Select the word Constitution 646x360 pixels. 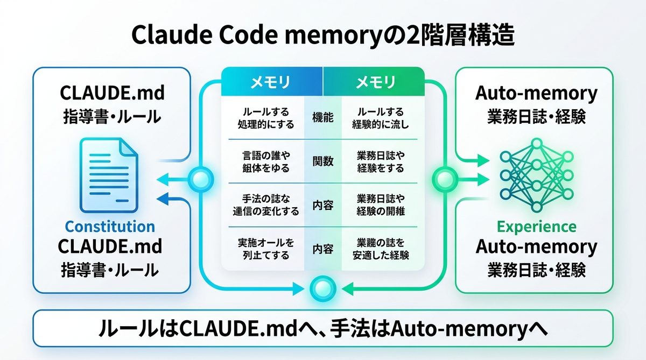coord(110,227)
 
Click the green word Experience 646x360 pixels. coord(536,226)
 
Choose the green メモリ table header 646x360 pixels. coord(375,82)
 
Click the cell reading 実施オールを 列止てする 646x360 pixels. coord(263,249)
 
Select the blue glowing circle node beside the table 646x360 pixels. coord(200,177)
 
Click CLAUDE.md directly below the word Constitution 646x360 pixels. coord(110,247)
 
